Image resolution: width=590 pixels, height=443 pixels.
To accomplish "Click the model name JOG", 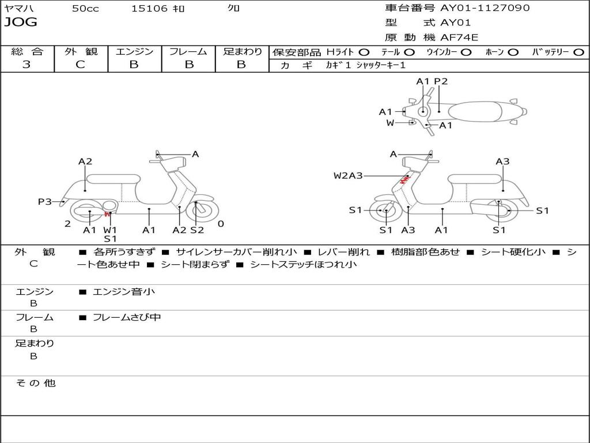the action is [x=21, y=22].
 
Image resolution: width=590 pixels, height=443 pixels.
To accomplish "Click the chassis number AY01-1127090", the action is [x=485, y=7].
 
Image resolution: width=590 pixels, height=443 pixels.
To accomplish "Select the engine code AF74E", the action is [x=459, y=37].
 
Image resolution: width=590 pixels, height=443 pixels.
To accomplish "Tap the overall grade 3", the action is [x=27, y=64].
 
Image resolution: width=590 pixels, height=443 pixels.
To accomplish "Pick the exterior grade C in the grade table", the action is [x=80, y=64].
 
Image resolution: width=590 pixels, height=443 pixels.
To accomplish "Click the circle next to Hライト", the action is [x=364, y=52].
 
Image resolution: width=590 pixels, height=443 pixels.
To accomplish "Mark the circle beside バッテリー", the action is [x=578, y=52].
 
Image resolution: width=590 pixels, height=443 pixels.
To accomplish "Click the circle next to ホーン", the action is [x=513, y=52].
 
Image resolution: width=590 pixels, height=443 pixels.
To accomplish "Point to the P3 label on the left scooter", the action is [x=45, y=201].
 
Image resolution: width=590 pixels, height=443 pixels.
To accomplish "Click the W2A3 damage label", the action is [x=348, y=175].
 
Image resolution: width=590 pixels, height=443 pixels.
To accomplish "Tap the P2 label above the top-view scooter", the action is [x=441, y=81].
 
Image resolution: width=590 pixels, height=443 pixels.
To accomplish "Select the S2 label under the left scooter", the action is [x=197, y=230].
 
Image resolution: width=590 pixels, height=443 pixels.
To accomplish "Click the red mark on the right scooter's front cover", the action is [x=404, y=180].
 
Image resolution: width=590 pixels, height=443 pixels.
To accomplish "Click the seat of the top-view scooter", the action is [x=475, y=112].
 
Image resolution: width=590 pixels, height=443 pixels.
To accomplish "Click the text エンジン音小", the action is [x=124, y=291].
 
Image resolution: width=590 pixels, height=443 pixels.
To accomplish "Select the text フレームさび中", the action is [x=127, y=317].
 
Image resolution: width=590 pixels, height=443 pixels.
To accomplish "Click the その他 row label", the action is [x=36, y=383].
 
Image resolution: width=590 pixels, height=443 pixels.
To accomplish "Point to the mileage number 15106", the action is [x=149, y=8].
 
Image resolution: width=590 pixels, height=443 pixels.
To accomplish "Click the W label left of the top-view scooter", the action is [x=390, y=123].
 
